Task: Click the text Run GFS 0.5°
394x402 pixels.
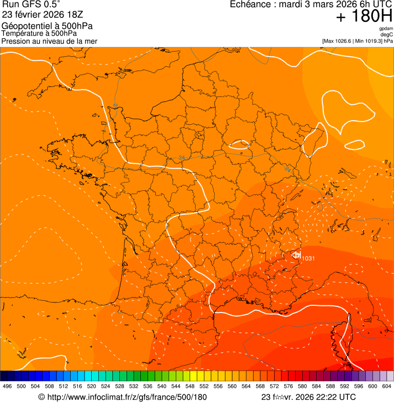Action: (31, 5)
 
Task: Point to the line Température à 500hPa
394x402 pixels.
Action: (39, 34)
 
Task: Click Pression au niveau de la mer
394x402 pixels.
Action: (49, 41)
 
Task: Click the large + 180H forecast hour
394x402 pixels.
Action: (364, 16)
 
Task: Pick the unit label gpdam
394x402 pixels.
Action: (386, 29)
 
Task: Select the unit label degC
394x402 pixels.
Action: (387, 35)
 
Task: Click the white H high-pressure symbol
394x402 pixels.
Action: (296, 255)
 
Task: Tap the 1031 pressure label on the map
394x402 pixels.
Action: (308, 258)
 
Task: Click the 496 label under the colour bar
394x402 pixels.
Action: (7, 387)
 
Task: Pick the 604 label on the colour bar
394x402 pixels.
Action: (386, 387)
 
